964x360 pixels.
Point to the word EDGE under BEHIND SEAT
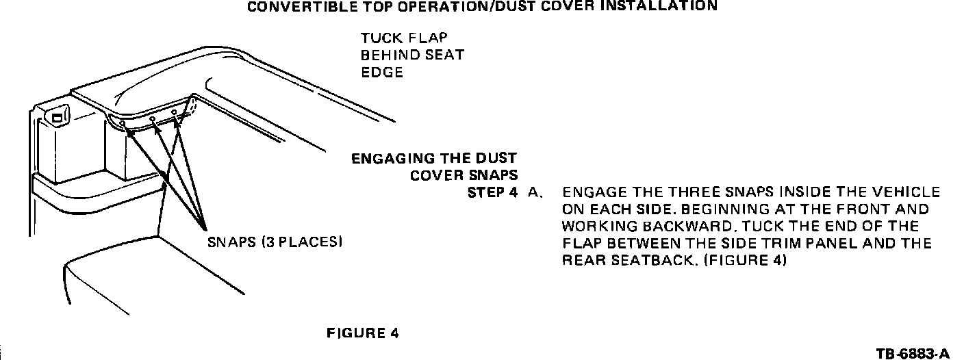click(382, 72)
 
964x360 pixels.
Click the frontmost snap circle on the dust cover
click(122, 125)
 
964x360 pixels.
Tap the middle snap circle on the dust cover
click(153, 118)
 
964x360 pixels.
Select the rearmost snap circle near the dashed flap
click(175, 112)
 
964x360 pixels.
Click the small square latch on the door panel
click(58, 118)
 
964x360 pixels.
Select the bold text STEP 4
click(492, 192)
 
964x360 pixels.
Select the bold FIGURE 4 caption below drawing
click(363, 333)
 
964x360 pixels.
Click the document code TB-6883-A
click(913, 353)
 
